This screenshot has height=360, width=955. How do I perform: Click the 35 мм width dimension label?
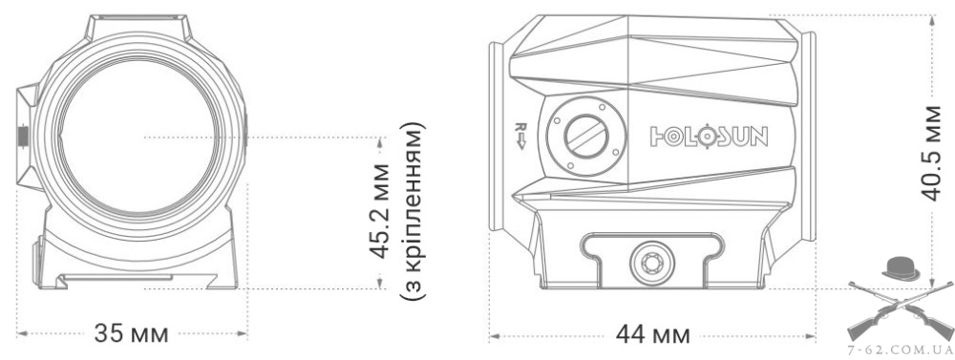pyautogui.click(x=131, y=333)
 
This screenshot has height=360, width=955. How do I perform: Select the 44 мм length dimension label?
pyautogui.click(x=653, y=335)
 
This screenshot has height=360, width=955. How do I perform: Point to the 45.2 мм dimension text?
pyautogui.click(x=380, y=211)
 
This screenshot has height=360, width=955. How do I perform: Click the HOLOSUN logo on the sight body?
pyautogui.click(x=709, y=138)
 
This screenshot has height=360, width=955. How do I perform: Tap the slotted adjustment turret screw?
pyautogui.click(x=586, y=136)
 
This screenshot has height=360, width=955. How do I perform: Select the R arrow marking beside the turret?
pyautogui.click(x=520, y=136)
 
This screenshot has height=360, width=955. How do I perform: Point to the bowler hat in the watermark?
pyautogui.click(x=901, y=268)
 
